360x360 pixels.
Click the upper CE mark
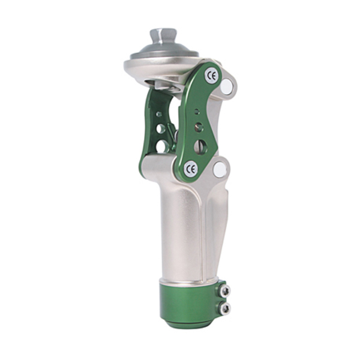211,76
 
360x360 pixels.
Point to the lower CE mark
191,169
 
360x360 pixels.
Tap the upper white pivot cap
227,88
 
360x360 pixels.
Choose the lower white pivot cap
220,169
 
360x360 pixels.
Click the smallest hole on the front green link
197,112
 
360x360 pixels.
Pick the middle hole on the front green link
198,127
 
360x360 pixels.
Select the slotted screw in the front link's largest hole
200,146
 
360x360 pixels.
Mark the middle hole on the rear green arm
161,128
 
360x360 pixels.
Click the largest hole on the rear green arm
161,145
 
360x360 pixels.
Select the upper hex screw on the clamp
224,291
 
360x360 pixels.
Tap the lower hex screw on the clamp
224,308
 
